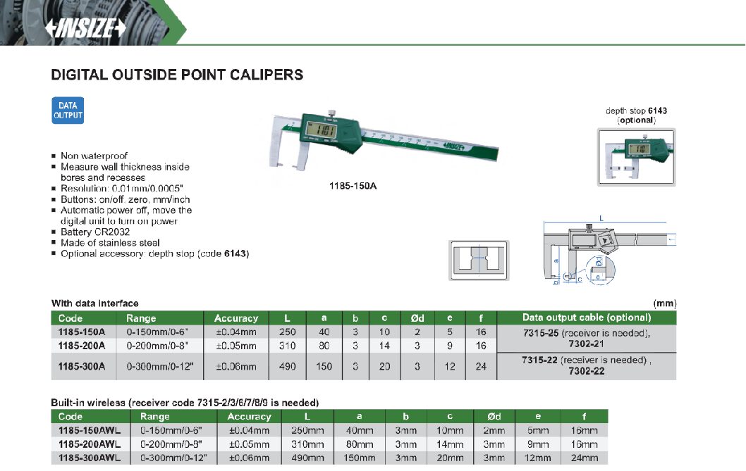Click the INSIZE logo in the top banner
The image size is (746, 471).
click(85, 28)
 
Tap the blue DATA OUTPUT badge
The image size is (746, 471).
click(68, 111)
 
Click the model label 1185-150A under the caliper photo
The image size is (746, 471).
click(353, 186)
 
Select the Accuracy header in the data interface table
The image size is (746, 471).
click(236, 318)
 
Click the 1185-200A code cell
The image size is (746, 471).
click(81, 346)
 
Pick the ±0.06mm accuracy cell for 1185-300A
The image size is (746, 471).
click(236, 366)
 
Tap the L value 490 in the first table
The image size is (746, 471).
click(288, 366)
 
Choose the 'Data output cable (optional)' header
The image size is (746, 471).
click(586, 318)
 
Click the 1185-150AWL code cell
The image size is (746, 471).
click(90, 430)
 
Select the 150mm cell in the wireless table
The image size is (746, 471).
click(359, 458)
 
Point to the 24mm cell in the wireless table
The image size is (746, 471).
click(585, 458)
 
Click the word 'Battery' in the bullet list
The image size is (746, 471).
click(76, 232)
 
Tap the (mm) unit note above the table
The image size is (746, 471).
click(665, 303)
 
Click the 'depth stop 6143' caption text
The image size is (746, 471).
click(636, 111)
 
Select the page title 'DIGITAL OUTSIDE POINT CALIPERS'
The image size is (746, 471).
click(177, 75)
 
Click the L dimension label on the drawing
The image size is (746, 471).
click(601, 219)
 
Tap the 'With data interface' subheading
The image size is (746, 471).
click(94, 303)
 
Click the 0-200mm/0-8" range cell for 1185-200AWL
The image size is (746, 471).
click(171, 444)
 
